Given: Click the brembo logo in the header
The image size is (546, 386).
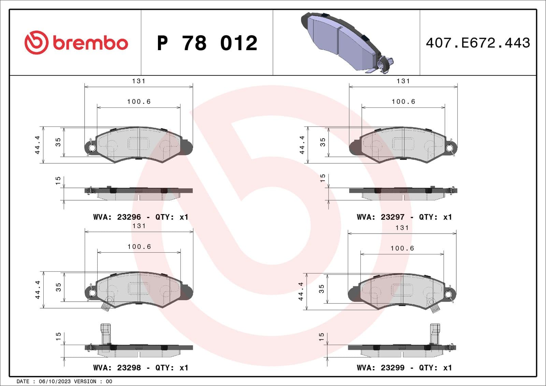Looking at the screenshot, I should pyautogui.click(x=76, y=43).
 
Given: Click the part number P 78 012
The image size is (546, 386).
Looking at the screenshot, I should pyautogui.click(x=207, y=43).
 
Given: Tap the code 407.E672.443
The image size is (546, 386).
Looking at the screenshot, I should pyautogui.click(x=478, y=43).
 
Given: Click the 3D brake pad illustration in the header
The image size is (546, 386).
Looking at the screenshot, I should pyautogui.click(x=346, y=43).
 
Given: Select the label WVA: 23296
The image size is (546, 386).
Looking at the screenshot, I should pyautogui.click(x=117, y=217).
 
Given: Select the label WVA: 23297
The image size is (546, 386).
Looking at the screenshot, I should pyautogui.click(x=380, y=217).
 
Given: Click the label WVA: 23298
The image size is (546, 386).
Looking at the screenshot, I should pyautogui.click(x=117, y=368).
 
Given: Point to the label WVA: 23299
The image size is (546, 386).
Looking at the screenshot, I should pyautogui.click(x=380, y=368).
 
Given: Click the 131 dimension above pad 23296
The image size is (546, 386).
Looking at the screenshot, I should pyautogui.click(x=139, y=81).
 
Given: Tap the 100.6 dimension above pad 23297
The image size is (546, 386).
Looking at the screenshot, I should pyautogui.click(x=403, y=102).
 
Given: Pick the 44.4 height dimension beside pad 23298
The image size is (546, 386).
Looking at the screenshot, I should pyautogui.click(x=38, y=290).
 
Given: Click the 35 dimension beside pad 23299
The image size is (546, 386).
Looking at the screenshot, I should pyautogui.click(x=321, y=289).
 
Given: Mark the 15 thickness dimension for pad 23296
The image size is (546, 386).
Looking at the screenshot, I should pyautogui.click(x=58, y=181).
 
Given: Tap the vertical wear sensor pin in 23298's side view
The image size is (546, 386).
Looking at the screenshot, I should pyautogui.click(x=105, y=334).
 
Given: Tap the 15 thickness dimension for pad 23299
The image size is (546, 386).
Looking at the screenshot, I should pyautogui.click(x=321, y=337).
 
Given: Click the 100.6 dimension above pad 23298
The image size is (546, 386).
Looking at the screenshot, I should pyautogui.click(x=139, y=247).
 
